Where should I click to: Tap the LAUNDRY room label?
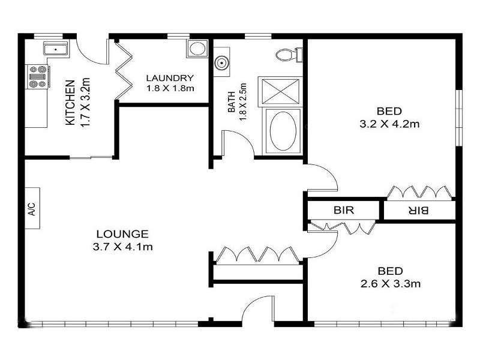[x=170, y=78]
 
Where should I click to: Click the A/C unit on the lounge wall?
[x=32, y=208]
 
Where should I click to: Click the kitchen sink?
[x=56, y=49]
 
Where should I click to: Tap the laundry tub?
[x=196, y=49]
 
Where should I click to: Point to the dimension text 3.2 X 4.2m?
[x=389, y=125]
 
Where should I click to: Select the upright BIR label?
[x=344, y=211]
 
